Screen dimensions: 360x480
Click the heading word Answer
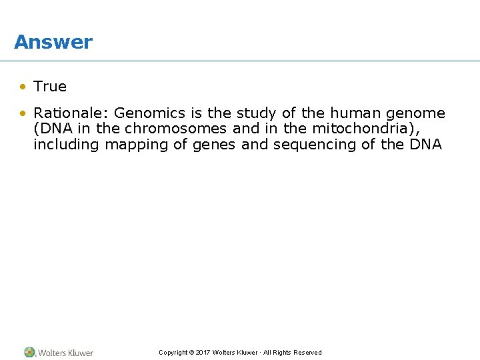pyautogui.click(x=53, y=42)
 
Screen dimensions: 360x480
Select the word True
pyautogui.click(x=50, y=87)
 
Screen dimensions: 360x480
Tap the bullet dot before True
pyautogui.click(x=23, y=87)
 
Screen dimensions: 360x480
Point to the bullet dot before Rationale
pyautogui.click(x=23, y=113)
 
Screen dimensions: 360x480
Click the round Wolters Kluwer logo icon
pyautogui.click(x=29, y=352)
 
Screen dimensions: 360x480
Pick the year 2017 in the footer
pyautogui.click(x=203, y=353)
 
